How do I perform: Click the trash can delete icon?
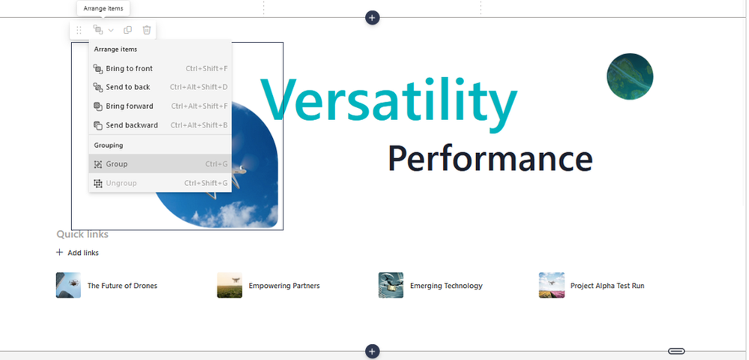tap(147, 30)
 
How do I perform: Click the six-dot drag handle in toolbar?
tap(79, 30)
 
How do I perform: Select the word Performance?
tap(490, 159)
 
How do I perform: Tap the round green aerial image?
tap(630, 76)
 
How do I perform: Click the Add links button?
tap(77, 253)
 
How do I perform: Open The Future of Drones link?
tap(122, 286)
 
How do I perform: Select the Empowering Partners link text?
tap(284, 286)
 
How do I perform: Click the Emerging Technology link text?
tap(446, 286)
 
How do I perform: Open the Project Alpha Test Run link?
tap(607, 286)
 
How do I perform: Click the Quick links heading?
tap(82, 234)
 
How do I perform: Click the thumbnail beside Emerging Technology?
tap(391, 286)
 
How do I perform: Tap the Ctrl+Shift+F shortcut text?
tap(206, 68)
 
